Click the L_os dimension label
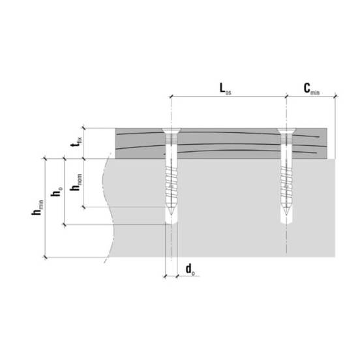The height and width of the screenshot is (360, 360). (225, 89)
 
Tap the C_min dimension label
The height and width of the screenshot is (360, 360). (312, 89)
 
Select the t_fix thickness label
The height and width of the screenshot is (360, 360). (76, 142)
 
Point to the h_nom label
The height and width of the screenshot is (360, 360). (76, 183)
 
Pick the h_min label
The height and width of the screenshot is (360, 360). (38, 207)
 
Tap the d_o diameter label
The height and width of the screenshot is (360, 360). (190, 269)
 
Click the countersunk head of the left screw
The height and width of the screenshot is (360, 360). (172, 131)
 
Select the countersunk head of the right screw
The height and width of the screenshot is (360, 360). (286, 131)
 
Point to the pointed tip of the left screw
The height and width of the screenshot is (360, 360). (172, 215)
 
